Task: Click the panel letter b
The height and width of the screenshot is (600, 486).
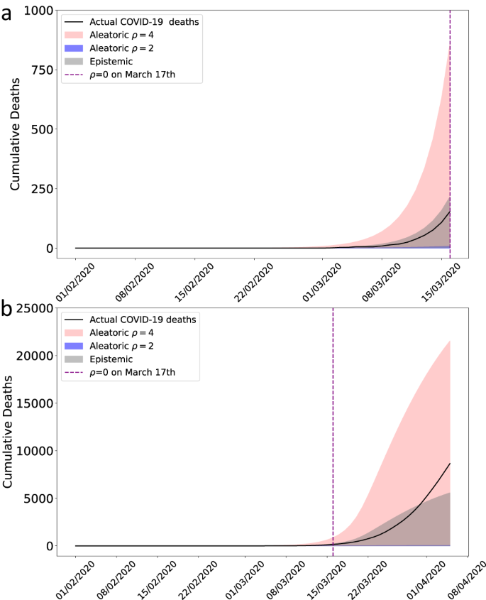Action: tap(8, 309)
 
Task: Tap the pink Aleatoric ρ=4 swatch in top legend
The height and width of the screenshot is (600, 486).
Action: tap(74, 35)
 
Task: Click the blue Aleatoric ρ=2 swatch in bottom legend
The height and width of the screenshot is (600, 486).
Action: tap(74, 346)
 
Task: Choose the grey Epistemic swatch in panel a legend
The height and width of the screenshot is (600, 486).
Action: tap(74, 62)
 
